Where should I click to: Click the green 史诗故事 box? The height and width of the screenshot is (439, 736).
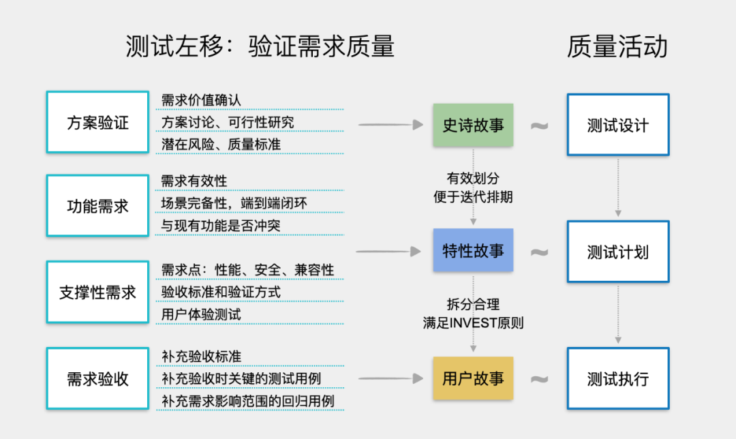click(x=473, y=125)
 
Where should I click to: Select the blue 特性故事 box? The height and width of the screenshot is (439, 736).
click(x=473, y=251)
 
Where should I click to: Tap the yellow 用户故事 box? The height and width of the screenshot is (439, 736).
click(x=473, y=378)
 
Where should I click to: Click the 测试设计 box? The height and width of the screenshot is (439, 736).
click(x=618, y=125)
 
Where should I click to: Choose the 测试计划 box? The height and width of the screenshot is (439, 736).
click(x=618, y=252)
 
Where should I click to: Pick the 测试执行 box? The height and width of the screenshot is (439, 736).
click(x=618, y=378)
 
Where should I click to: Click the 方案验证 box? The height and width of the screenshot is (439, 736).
click(x=97, y=122)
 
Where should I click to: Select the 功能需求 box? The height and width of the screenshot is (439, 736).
click(x=97, y=206)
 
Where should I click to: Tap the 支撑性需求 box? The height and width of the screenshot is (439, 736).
click(x=97, y=292)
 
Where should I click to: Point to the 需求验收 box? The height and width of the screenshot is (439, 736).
click(x=97, y=378)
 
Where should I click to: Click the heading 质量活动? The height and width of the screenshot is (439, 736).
click(x=617, y=47)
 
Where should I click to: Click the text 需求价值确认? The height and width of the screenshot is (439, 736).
click(x=201, y=100)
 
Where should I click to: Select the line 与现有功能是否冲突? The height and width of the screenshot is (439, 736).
click(x=221, y=225)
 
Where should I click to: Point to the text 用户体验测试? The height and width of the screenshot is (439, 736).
click(x=201, y=314)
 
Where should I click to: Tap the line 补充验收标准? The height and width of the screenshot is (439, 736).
click(x=201, y=356)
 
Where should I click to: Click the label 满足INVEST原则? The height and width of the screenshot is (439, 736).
click(x=473, y=323)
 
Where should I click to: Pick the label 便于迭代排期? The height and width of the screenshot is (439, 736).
click(x=473, y=197)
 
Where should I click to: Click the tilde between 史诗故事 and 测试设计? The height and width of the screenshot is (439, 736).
click(x=539, y=126)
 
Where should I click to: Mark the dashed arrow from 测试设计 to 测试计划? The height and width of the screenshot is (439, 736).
click(x=618, y=188)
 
